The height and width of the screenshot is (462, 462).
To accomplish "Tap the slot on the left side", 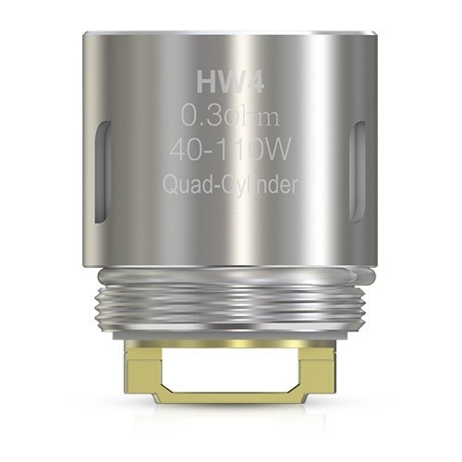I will click(99, 171).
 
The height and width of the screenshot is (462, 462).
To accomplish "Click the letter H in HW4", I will click(206, 85).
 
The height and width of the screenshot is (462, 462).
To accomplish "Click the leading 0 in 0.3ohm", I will click(188, 117).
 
